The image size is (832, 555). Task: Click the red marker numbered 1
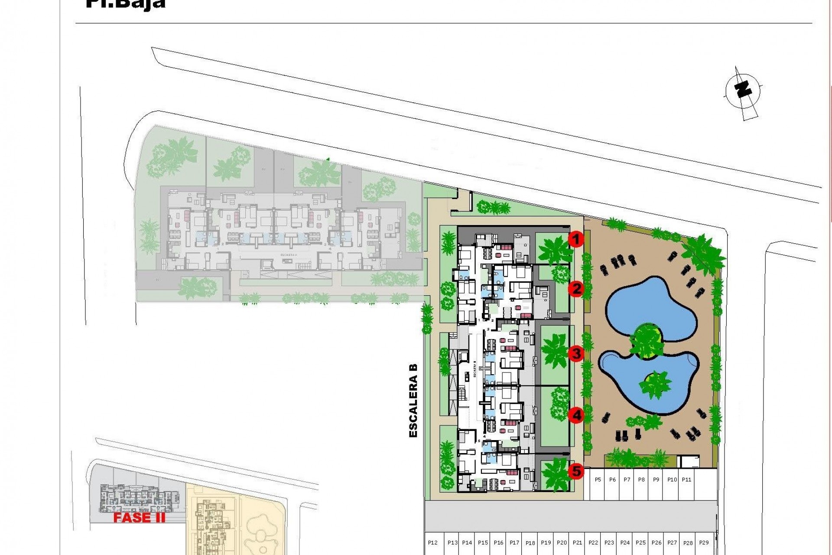coord(576,239)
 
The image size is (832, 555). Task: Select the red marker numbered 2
coord(576,288)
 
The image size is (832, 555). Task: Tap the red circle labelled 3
coord(576,353)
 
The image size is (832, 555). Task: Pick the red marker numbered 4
coord(576,415)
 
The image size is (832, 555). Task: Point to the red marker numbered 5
coord(576,471)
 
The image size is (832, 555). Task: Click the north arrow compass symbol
coord(743,92)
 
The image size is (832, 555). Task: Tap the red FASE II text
coord(139,518)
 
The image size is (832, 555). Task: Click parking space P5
coord(598,480)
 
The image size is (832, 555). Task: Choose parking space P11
coord(686,480)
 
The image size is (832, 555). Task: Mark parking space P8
coord(641,480)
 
